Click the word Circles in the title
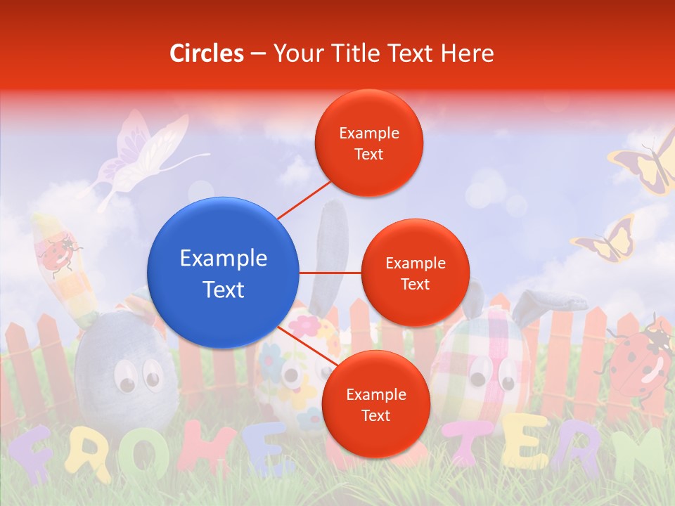click(207, 53)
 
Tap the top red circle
click(368, 143)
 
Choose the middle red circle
click(415, 273)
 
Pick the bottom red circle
click(375, 404)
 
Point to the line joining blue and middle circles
click(330, 273)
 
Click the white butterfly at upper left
click(141, 155)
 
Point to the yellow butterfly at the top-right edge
click(647, 166)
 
